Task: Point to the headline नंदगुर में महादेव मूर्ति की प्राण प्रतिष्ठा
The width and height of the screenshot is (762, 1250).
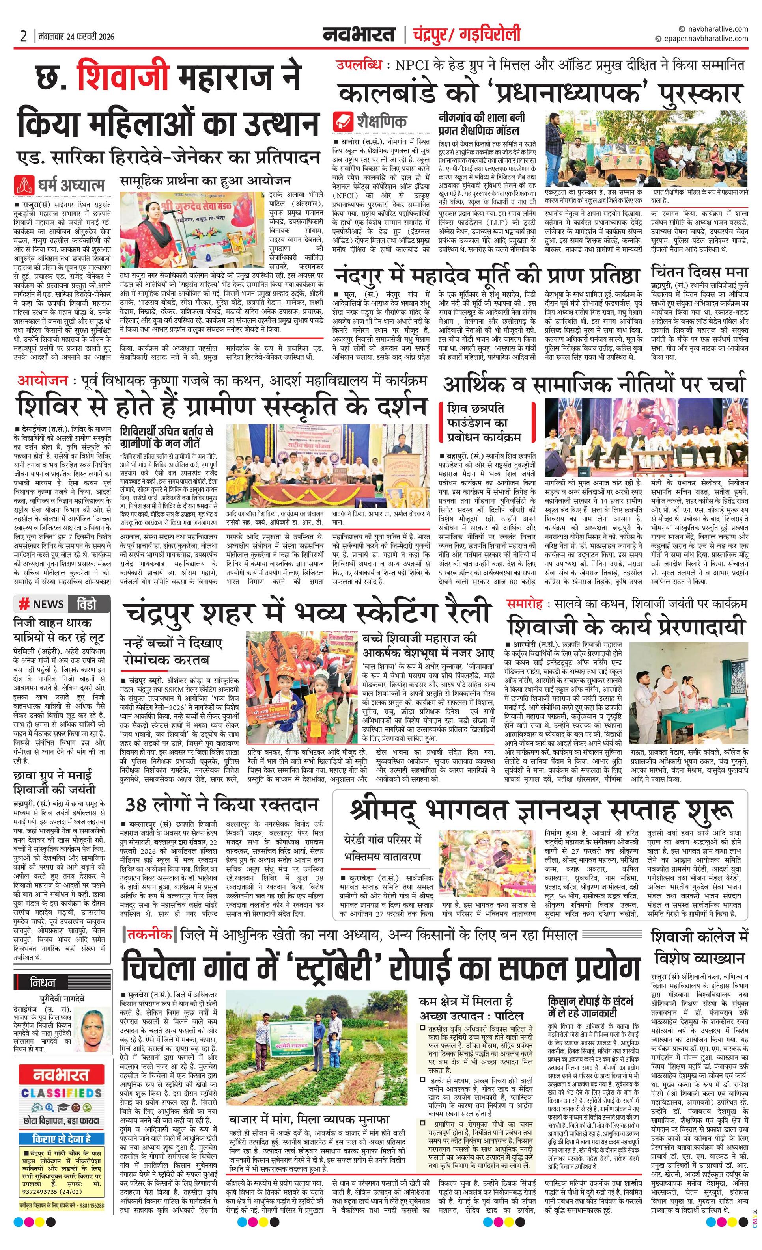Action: (x=486, y=275)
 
